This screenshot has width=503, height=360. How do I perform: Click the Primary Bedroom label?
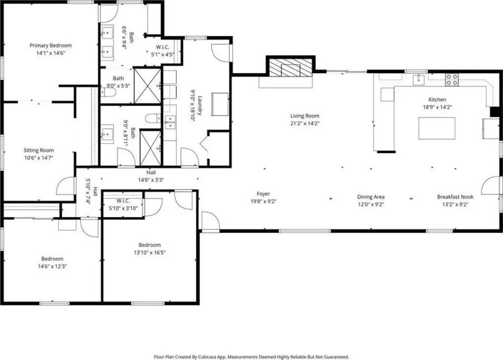51,46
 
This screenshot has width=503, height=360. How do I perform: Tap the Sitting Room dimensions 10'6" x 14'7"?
38,158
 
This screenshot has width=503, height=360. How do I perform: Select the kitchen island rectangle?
437,128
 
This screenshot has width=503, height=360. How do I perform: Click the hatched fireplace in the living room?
290,68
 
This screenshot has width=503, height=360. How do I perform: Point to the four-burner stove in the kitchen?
452,80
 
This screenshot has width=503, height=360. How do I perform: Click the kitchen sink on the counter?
419,80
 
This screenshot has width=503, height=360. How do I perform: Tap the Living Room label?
305,116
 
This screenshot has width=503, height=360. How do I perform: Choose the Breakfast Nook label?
455,196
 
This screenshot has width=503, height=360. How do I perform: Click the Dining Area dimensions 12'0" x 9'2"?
371,204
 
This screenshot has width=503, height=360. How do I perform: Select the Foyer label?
263,194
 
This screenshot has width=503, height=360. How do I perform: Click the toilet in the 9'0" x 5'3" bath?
108,93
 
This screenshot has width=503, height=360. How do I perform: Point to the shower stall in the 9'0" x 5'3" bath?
147,86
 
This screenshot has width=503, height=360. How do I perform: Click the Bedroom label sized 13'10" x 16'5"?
150,245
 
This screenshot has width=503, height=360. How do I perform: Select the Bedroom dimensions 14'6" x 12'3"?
52,266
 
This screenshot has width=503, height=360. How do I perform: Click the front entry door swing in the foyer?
210,221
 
